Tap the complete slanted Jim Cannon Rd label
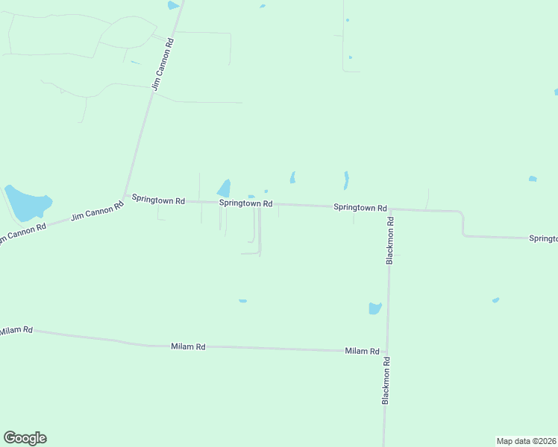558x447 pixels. pyautogui.click(x=97, y=211)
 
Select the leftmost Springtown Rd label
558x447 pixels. pyautogui.click(x=158, y=199)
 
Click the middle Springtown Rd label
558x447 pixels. pyautogui.click(x=245, y=203)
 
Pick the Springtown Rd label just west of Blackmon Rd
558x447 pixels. pyautogui.click(x=360, y=208)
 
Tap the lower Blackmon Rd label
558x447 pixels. pyautogui.click(x=386, y=381)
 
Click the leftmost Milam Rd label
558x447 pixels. pyautogui.click(x=16, y=330)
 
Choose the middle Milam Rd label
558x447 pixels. pyautogui.click(x=188, y=346)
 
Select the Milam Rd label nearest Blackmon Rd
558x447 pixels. pyautogui.click(x=362, y=351)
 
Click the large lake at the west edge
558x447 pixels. pyautogui.click(x=28, y=202)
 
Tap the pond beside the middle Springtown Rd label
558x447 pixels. pyautogui.click(x=224, y=188)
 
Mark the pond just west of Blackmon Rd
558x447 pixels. pyautogui.click(x=374, y=308)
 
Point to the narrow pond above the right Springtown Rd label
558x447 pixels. pyautogui.click(x=346, y=180)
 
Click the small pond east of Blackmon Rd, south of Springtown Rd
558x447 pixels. pyautogui.click(x=495, y=300)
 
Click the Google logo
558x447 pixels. pyautogui.click(x=25, y=438)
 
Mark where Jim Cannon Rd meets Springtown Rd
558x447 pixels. pyautogui.click(x=125, y=198)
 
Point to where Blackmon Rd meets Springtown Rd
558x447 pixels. pyautogui.click(x=389, y=209)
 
